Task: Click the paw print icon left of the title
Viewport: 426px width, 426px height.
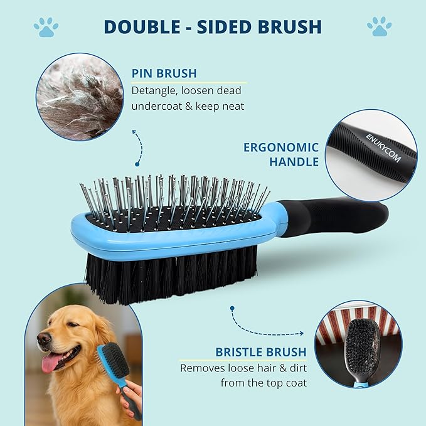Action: (46, 26)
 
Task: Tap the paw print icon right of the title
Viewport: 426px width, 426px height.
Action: (379, 26)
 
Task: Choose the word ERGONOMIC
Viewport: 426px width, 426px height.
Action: (281, 148)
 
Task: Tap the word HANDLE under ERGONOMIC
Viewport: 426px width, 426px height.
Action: (294, 162)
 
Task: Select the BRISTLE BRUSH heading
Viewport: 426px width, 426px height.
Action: (261, 352)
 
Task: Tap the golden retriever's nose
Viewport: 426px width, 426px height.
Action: (43, 339)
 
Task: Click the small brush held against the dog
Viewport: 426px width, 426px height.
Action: (114, 361)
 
